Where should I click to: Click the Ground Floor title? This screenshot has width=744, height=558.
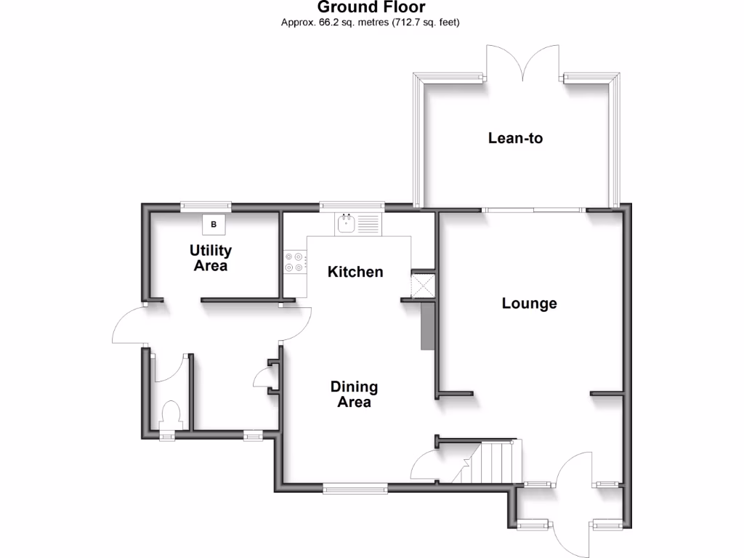(371, 8)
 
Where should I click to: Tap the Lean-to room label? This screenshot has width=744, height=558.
(515, 137)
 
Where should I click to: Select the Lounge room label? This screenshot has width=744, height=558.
(529, 303)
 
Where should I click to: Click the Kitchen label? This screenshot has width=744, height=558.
(355, 272)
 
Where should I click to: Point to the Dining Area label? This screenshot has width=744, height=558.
(354, 395)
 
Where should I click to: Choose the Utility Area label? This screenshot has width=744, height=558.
(211, 258)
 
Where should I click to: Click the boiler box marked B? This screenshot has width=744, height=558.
(214, 225)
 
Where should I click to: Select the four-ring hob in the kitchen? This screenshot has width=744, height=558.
(294, 262)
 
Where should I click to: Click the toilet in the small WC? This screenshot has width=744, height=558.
(171, 416)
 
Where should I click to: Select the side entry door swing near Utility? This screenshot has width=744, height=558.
(131, 325)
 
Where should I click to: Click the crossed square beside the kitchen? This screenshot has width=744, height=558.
(421, 284)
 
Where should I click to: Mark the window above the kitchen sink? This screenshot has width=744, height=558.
(352, 206)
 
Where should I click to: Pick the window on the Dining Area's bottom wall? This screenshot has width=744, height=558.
(355, 490)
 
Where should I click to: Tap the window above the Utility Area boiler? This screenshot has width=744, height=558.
(206, 206)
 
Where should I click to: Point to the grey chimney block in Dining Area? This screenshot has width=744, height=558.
(426, 327)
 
